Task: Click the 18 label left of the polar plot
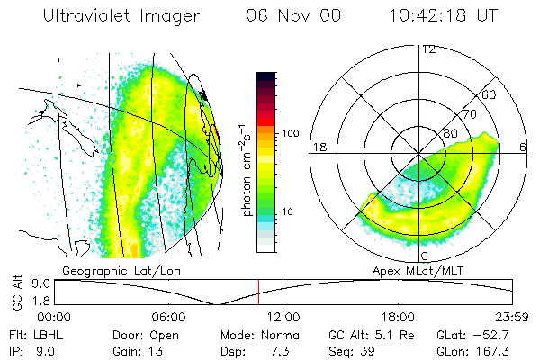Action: coord(317,147)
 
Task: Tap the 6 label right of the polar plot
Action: coord(523,147)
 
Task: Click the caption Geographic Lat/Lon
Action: coord(106,269)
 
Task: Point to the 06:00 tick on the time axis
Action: coord(168,317)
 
